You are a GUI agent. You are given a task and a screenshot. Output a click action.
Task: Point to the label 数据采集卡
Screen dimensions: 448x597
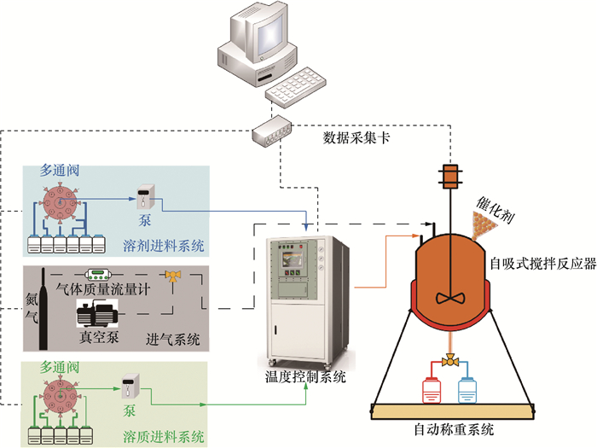(x=357, y=137)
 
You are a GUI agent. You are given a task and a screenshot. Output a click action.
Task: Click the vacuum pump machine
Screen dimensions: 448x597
(x=101, y=314)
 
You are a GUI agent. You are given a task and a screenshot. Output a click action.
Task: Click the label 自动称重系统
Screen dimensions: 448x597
(x=454, y=429)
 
